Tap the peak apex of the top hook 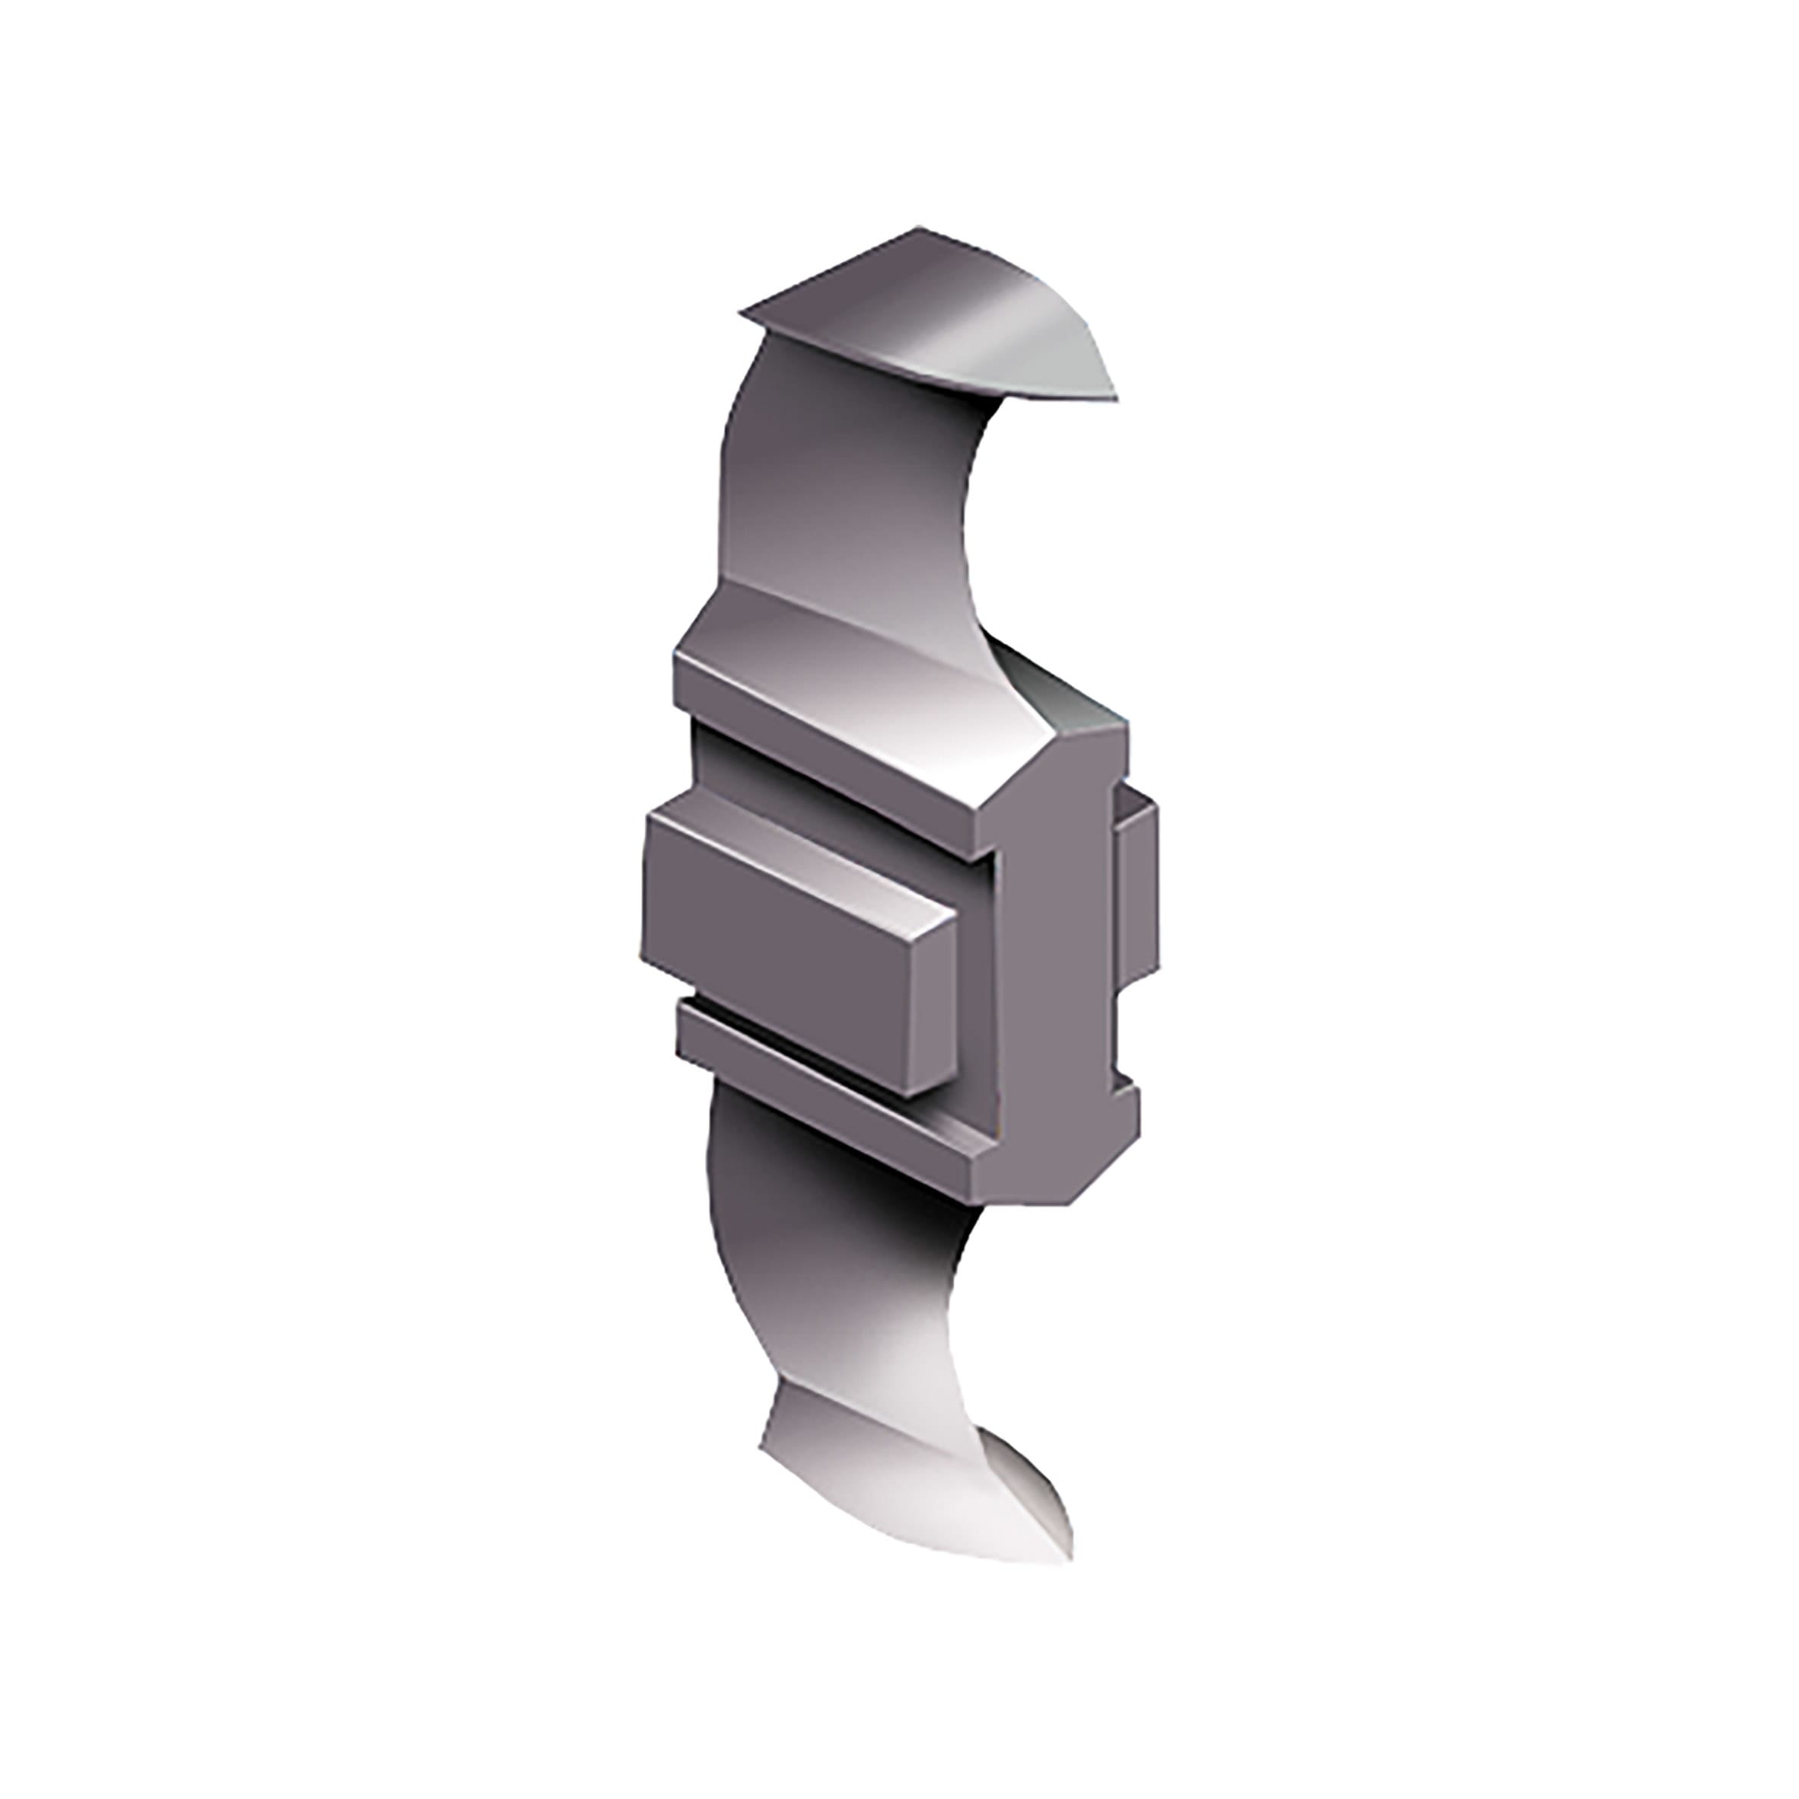pos(919,227)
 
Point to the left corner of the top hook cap pos(742,314)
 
